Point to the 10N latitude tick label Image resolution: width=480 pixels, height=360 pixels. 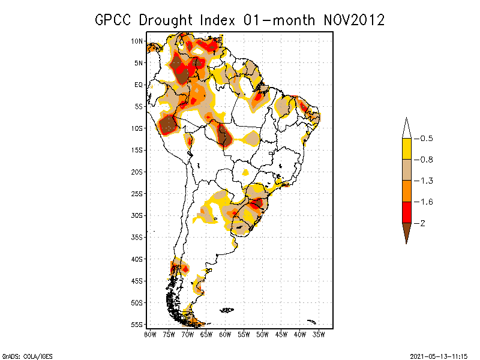point(137,41)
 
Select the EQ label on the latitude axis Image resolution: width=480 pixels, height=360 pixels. point(139,85)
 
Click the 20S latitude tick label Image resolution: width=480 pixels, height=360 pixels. point(137,172)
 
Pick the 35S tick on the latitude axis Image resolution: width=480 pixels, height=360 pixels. point(137,237)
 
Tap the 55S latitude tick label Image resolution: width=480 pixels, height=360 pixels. point(137,324)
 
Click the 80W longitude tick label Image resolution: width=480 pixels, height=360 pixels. point(149,334)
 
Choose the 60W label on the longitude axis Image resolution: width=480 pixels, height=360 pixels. point(225,334)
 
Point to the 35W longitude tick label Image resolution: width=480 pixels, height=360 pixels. point(319,334)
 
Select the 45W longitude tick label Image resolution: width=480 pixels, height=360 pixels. point(281,334)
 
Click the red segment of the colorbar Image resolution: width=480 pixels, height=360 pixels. point(406,212)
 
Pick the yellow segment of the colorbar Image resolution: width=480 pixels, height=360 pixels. point(406,149)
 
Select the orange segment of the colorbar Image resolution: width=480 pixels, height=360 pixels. point(406,191)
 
